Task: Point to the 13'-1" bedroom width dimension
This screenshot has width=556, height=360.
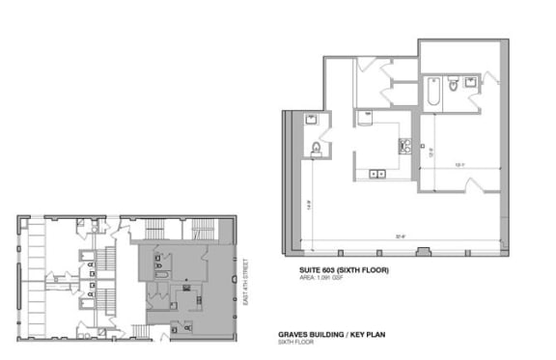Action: [x=459, y=164]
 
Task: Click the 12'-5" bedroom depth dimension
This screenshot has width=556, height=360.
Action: [x=430, y=150]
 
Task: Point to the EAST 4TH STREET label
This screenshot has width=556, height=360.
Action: [x=246, y=279]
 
